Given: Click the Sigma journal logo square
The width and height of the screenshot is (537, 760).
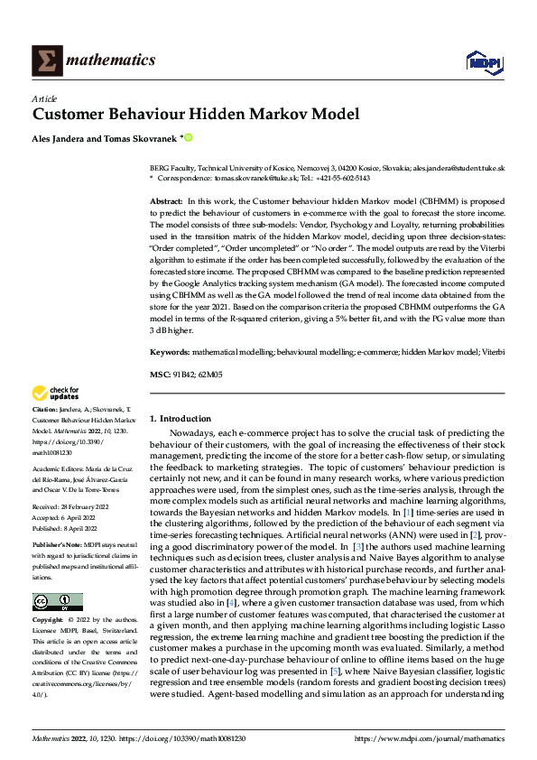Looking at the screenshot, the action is [45, 60].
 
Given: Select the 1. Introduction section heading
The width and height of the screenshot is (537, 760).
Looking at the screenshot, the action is [181, 419].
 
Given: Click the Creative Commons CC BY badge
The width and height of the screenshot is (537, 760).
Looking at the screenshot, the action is [57, 602].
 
